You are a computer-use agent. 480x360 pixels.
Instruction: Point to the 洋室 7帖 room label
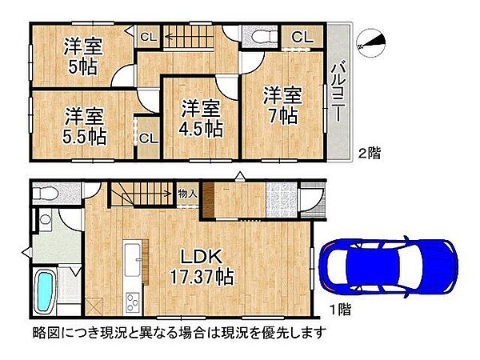click(x=284, y=105)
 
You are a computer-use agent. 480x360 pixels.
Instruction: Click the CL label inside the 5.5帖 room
click(x=148, y=138)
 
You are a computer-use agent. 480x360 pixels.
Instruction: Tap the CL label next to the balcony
click(x=302, y=36)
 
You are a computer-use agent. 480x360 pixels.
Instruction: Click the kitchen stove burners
click(x=132, y=302)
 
